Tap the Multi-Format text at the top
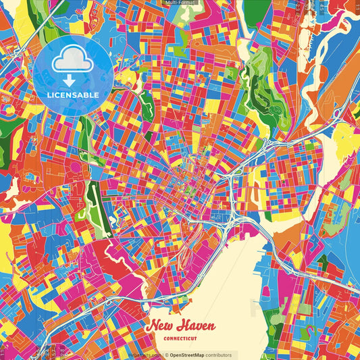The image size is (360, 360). coord(179,3)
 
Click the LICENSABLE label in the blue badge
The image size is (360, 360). coord(73,95)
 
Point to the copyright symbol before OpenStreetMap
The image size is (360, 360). coord(166,355)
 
